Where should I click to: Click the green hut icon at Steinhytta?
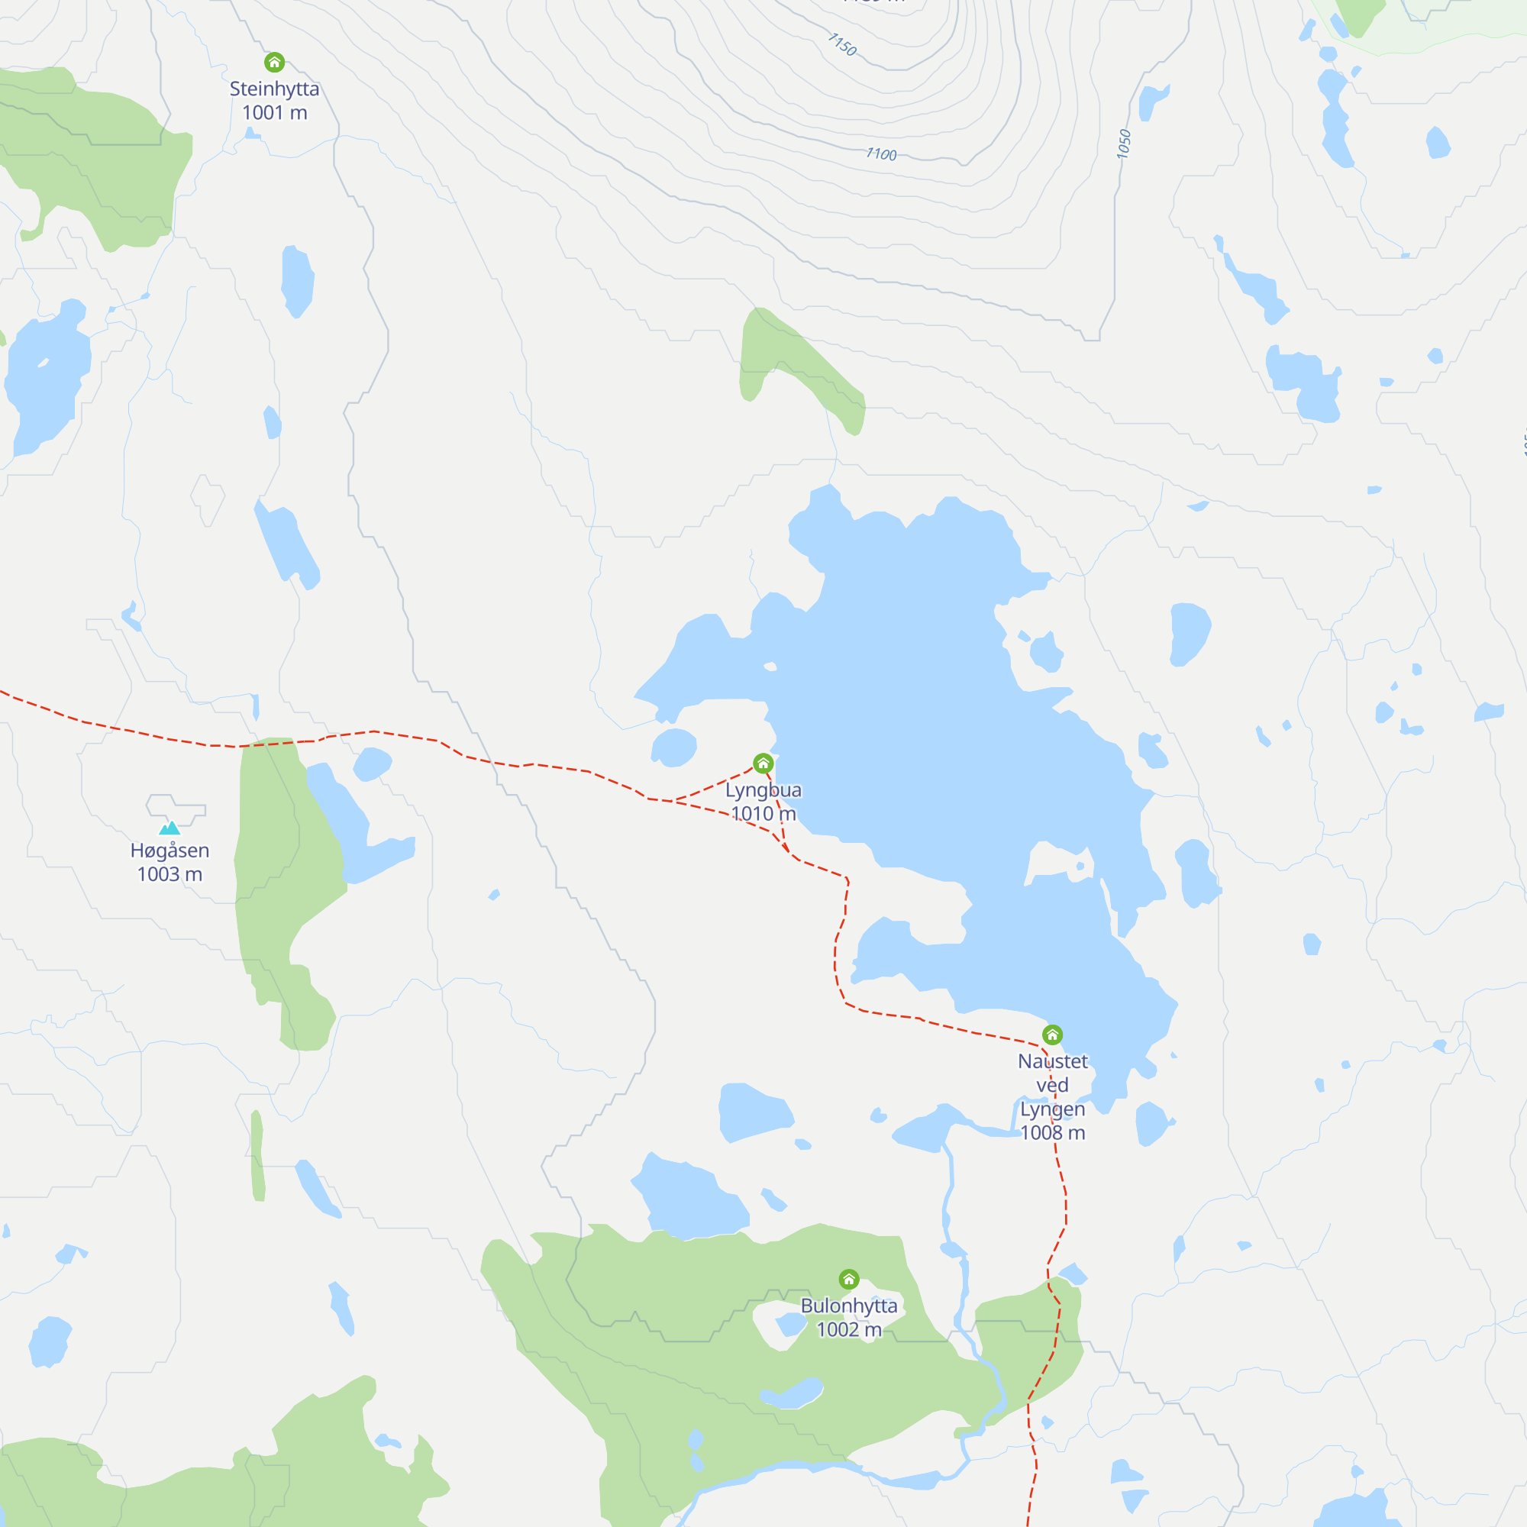pyautogui.click(x=274, y=62)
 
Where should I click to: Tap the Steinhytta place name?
pyautogui.click(x=274, y=89)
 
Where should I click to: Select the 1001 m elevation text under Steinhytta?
pyautogui.click(x=274, y=113)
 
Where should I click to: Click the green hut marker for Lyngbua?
pyautogui.click(x=763, y=763)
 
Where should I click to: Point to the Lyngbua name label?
pyautogui.click(x=763, y=789)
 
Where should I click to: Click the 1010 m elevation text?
pyautogui.click(x=763, y=813)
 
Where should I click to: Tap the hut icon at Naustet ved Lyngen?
pyautogui.click(x=1052, y=1035)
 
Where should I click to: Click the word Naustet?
pyautogui.click(x=1052, y=1061)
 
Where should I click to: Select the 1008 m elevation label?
pyautogui.click(x=1052, y=1132)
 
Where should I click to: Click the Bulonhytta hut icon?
pyautogui.click(x=849, y=1279)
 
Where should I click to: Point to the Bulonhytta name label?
pyautogui.click(x=849, y=1306)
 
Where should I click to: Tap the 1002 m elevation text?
pyautogui.click(x=849, y=1329)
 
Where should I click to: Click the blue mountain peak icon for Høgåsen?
pyautogui.click(x=170, y=828)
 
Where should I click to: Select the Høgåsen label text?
pyautogui.click(x=170, y=851)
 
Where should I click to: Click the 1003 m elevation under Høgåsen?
pyautogui.click(x=170, y=874)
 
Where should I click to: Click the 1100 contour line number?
pyautogui.click(x=881, y=154)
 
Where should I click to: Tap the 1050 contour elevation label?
pyautogui.click(x=1124, y=144)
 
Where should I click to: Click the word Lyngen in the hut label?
pyautogui.click(x=1052, y=1109)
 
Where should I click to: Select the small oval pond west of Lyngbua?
pyautogui.click(x=673, y=747)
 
